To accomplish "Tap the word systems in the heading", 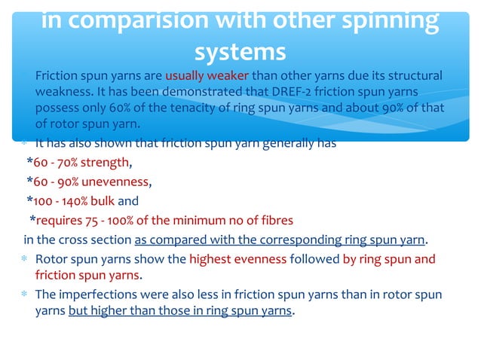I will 240,52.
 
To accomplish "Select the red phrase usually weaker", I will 207,76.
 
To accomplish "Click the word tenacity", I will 182,108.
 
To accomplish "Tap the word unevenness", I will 115,181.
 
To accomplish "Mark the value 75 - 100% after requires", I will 108,221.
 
